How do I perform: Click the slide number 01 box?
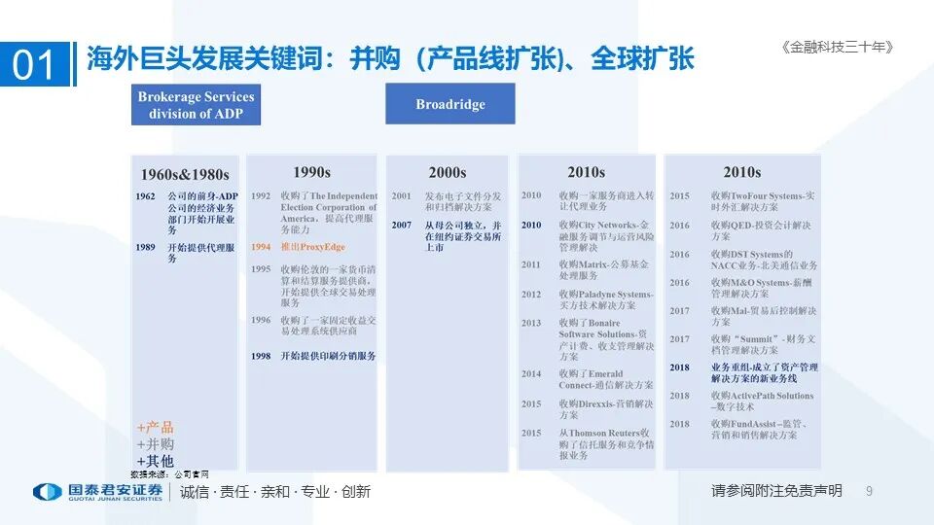35,64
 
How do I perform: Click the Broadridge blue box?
450,104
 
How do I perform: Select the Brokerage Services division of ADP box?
196,105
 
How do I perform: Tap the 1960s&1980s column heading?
185,175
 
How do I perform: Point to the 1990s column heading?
311,172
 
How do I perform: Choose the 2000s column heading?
448,173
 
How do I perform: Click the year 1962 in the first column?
145,196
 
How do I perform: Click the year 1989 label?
145,248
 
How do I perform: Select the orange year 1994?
261,247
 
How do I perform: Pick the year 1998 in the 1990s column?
261,357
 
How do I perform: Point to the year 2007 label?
402,226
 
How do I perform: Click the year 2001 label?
402,196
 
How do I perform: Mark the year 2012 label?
530,295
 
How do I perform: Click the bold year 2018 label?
679,367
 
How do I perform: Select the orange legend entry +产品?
156,428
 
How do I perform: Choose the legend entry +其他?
156,461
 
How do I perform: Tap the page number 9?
869,491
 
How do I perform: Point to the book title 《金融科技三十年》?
837,47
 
